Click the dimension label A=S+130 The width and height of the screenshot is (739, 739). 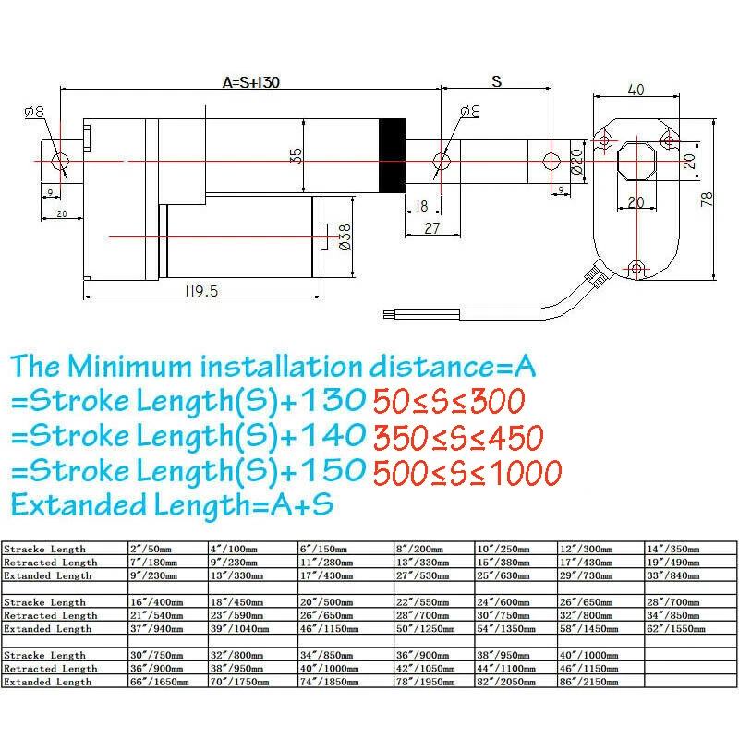pyautogui.click(x=250, y=81)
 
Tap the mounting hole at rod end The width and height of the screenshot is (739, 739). pyautogui.click(x=551, y=161)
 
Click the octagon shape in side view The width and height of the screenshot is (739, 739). pyautogui.click(x=636, y=161)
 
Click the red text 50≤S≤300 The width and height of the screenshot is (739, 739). pyautogui.click(x=448, y=401)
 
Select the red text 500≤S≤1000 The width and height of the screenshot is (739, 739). pyautogui.click(x=466, y=473)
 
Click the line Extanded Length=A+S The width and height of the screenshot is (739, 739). pyautogui.click(x=172, y=505)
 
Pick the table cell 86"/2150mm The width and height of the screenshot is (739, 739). pyautogui.click(x=599, y=681)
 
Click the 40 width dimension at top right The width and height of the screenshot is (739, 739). pyautogui.click(x=636, y=90)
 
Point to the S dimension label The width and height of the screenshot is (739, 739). pyautogui.click(x=496, y=81)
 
